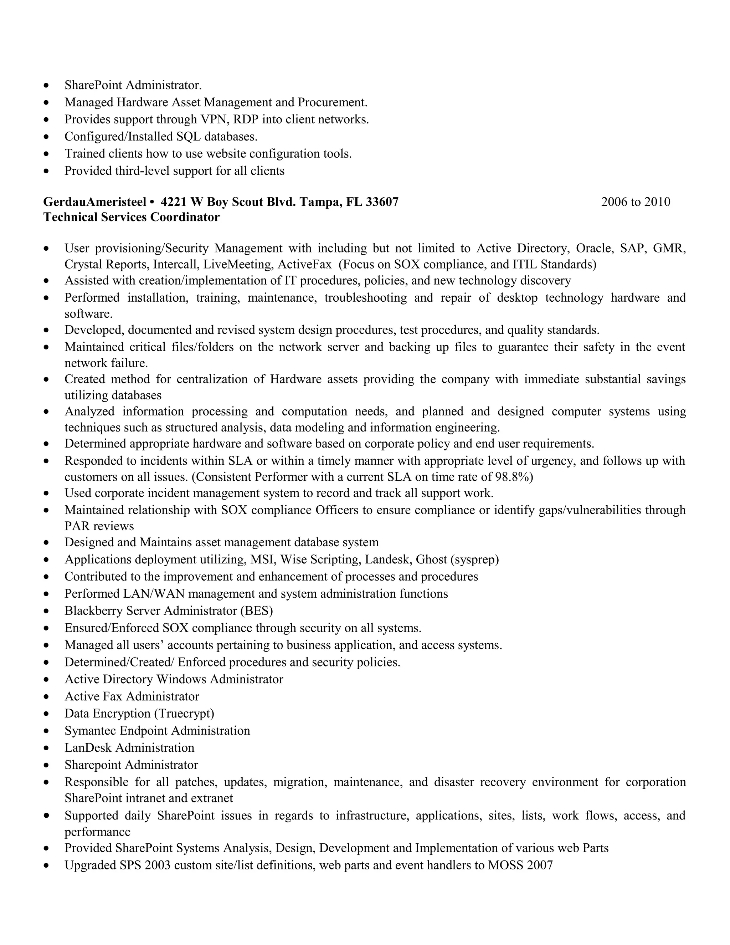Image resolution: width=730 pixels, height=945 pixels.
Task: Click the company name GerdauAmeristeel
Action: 95,202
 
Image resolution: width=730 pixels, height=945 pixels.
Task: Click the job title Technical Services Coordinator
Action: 132,217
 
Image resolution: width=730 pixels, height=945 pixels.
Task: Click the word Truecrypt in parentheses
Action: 184,714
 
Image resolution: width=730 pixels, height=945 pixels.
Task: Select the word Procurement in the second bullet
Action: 332,103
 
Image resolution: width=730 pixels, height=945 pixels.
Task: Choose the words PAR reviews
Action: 99,526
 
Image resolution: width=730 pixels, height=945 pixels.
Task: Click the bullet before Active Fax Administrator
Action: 47,697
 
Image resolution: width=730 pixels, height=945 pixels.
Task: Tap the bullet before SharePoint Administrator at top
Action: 47,86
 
